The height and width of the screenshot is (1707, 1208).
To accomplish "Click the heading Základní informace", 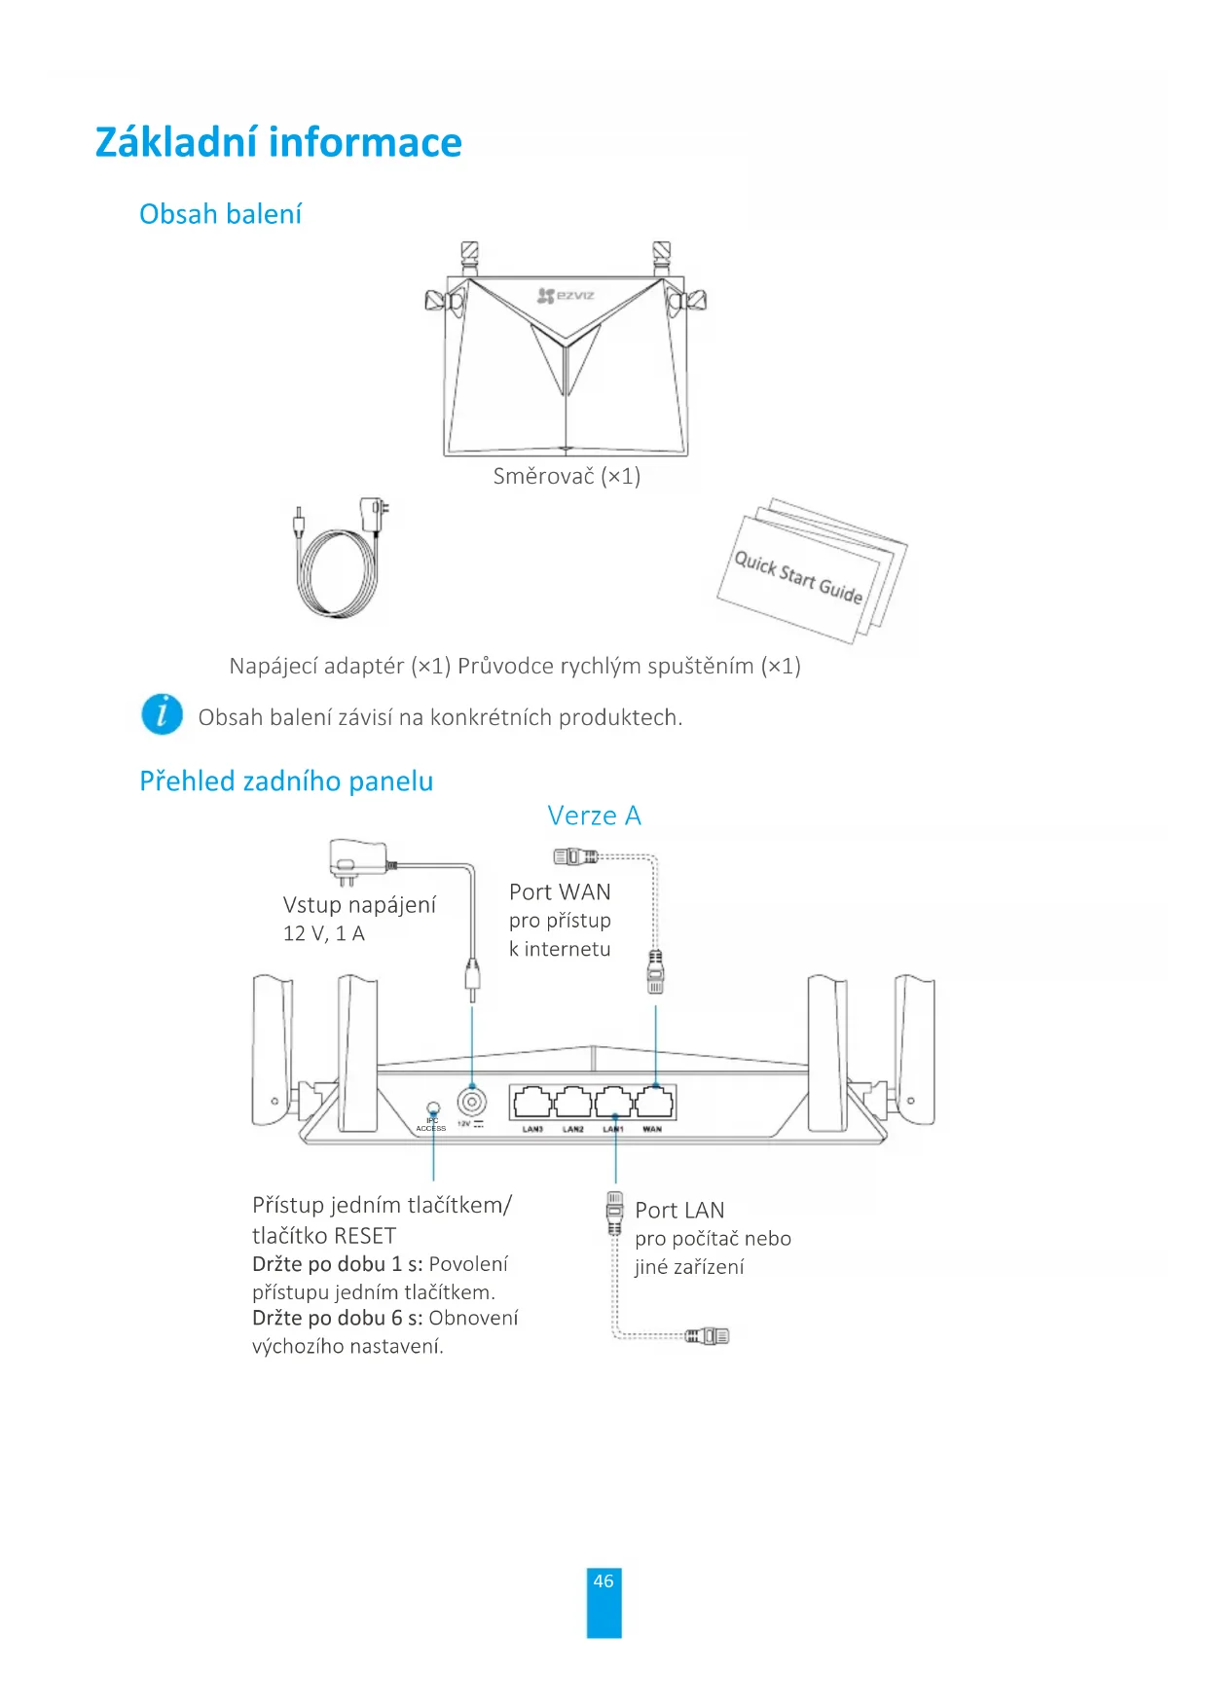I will click(x=278, y=142).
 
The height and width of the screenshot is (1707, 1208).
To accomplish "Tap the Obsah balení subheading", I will click(x=220, y=214).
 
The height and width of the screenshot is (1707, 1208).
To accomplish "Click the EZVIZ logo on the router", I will click(x=566, y=295).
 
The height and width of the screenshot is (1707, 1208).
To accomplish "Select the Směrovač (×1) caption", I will click(x=567, y=476).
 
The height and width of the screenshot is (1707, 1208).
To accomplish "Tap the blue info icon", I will click(x=162, y=714).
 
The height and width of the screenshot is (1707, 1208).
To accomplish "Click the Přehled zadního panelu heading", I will click(x=286, y=781).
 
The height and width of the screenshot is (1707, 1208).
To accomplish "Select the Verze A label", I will click(x=594, y=816).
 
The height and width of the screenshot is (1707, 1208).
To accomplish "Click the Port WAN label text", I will click(x=560, y=892).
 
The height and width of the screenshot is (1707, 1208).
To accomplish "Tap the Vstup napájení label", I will click(x=359, y=905).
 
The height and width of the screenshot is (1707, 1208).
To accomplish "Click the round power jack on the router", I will click(x=472, y=1103).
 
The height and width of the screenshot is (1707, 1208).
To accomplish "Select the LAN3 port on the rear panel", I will click(x=531, y=1103).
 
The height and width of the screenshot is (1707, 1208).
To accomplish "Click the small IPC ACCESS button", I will click(x=433, y=1108).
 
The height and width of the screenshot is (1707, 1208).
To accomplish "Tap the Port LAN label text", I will click(x=679, y=1211).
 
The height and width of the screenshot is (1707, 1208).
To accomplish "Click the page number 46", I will click(x=604, y=1581).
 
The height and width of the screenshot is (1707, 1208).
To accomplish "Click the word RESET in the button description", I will click(x=364, y=1236).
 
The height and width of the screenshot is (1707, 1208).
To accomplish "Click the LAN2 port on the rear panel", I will click(x=572, y=1103).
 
